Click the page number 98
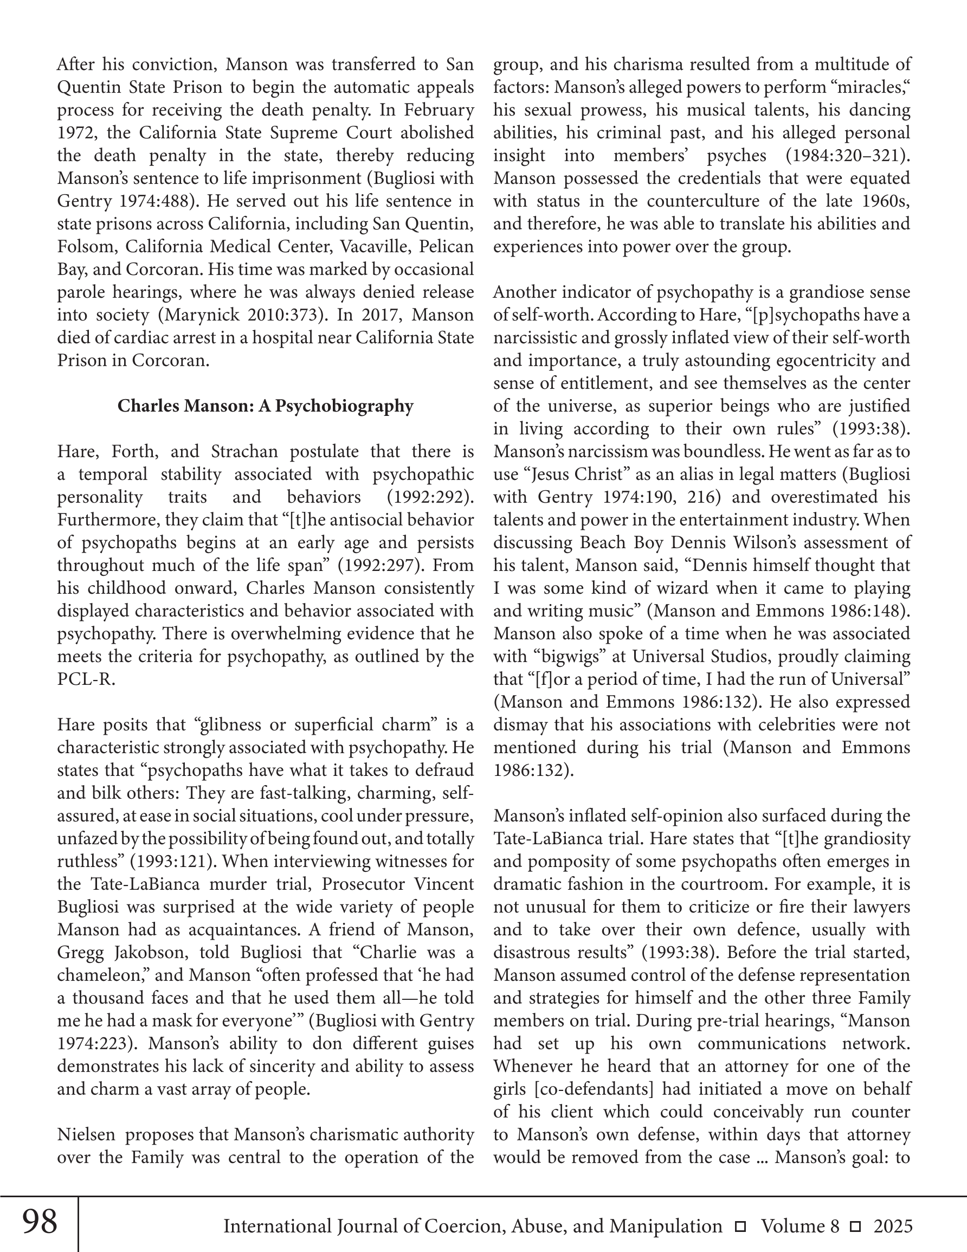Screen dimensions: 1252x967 [x=40, y=1222]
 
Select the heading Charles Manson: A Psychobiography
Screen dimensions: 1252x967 [x=266, y=406]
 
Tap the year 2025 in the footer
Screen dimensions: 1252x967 [x=893, y=1226]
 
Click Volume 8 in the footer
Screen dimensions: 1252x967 [x=800, y=1226]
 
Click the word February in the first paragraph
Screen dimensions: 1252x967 [x=439, y=110]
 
